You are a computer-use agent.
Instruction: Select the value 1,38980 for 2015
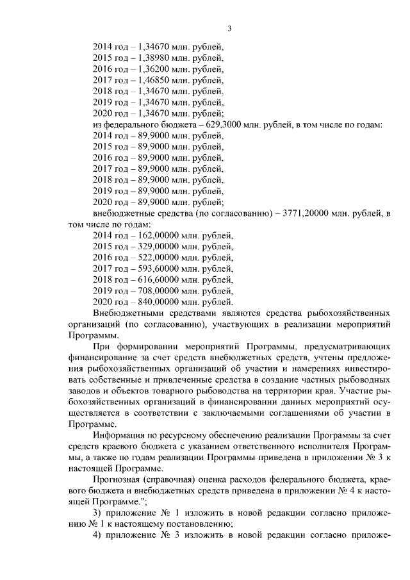(x=154, y=58)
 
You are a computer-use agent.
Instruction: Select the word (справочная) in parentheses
(x=177, y=480)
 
